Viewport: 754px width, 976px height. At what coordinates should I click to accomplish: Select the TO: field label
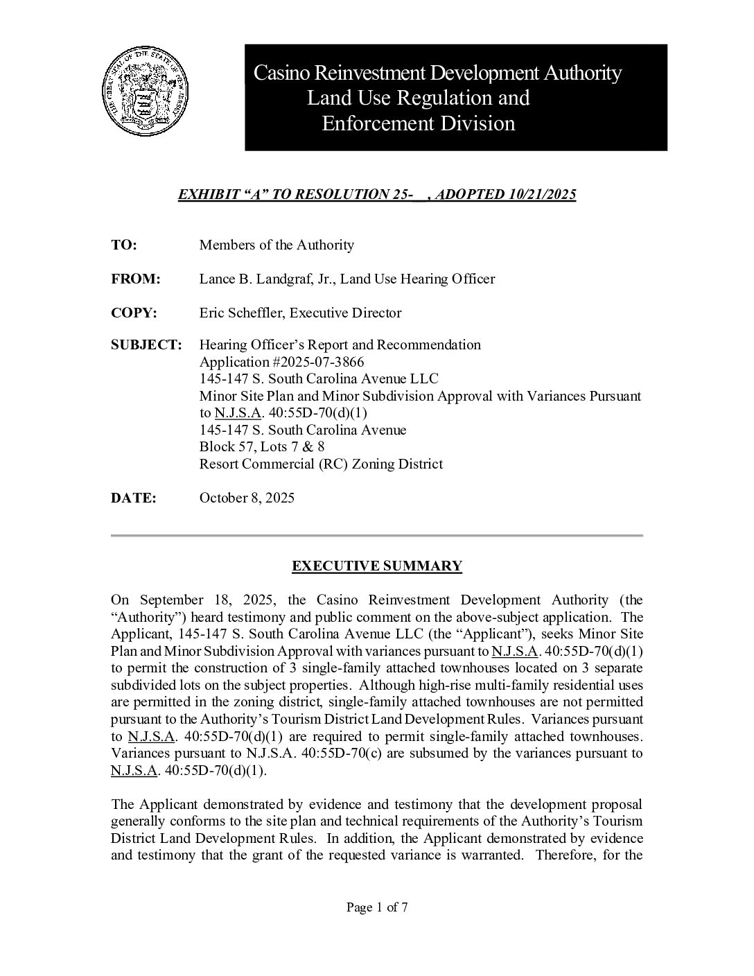[x=124, y=245]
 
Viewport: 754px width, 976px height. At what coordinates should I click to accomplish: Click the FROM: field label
[x=136, y=279]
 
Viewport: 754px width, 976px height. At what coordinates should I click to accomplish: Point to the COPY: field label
[x=134, y=313]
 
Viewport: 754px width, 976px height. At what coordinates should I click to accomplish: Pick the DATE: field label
[x=134, y=498]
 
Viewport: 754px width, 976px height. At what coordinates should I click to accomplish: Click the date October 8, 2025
[x=247, y=498]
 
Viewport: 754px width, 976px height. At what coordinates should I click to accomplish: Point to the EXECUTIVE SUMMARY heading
[x=376, y=566]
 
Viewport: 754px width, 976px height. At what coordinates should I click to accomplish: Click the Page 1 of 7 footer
[x=377, y=907]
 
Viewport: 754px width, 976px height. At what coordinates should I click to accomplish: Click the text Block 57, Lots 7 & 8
[x=262, y=446]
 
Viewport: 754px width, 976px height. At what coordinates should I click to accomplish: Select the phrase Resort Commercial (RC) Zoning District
[x=321, y=464]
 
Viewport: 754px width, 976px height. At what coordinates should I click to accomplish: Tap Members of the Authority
[x=277, y=245]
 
